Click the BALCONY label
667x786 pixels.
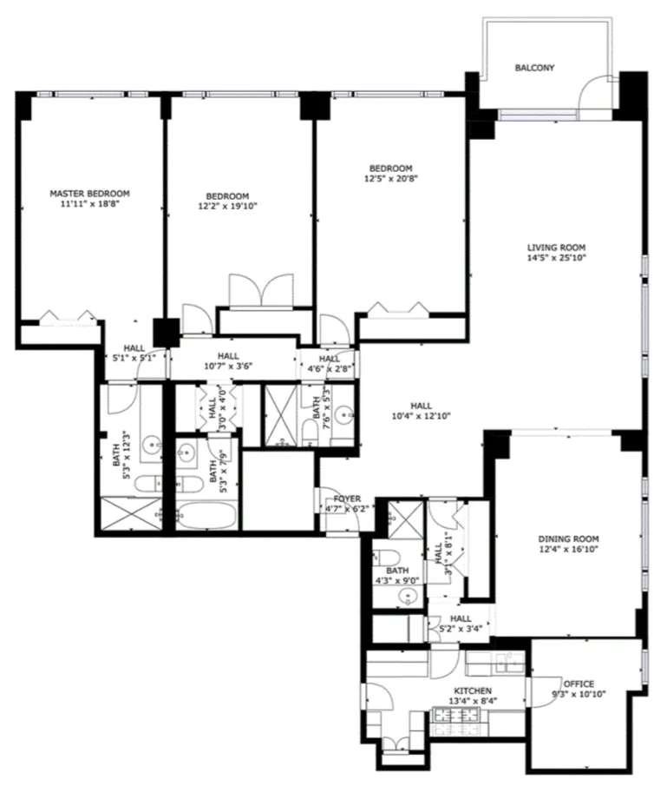point(533,68)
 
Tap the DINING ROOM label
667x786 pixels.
point(568,538)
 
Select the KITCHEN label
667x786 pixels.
point(472,690)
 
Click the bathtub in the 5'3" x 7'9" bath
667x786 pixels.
point(206,516)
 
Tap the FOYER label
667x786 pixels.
point(346,499)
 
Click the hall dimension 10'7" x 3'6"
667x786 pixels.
point(228,367)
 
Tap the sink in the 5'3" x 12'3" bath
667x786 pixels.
point(152,446)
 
